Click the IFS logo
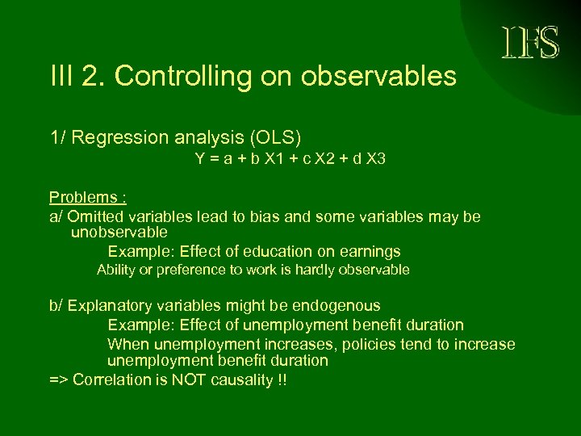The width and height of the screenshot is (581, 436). [x=530, y=43]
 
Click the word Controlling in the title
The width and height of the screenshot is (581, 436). [x=182, y=77]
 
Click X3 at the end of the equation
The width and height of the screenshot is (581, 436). [x=375, y=159]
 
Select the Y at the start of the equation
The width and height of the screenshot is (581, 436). [x=199, y=159]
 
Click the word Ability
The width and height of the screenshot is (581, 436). [x=115, y=270]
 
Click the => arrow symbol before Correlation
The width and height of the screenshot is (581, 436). [x=59, y=380]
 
